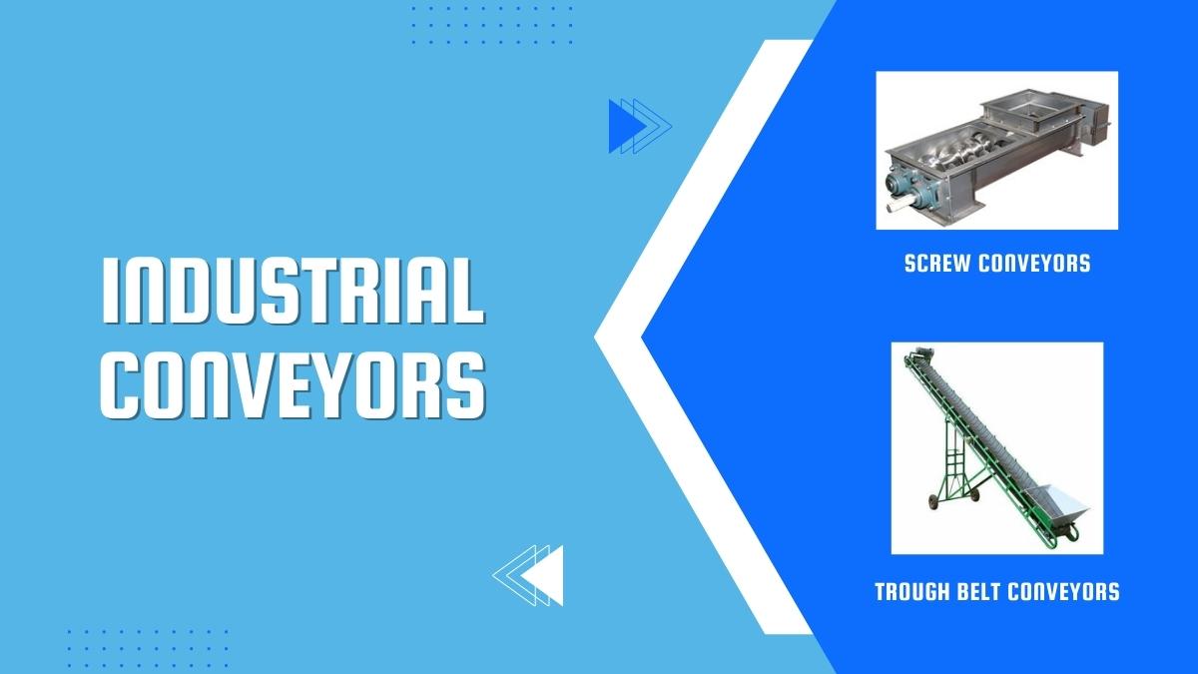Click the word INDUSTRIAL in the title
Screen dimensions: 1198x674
click(x=294, y=291)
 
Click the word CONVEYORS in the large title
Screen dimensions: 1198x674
click(x=294, y=385)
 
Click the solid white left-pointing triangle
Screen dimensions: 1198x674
click(x=542, y=575)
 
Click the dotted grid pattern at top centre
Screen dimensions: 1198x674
click(x=492, y=25)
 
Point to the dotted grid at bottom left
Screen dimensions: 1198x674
click(x=148, y=648)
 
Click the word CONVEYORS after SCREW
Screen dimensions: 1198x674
click(x=1035, y=264)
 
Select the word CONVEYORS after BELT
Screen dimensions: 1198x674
click(x=1063, y=591)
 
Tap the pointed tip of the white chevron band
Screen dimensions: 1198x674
click(x=595, y=337)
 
